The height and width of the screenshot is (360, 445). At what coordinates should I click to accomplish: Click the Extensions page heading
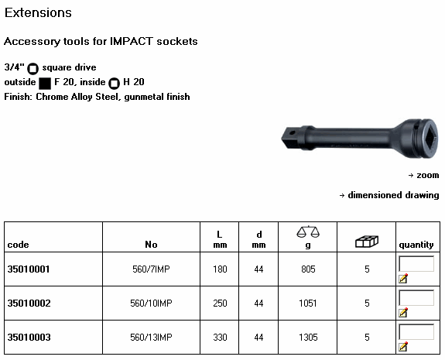pos(38,13)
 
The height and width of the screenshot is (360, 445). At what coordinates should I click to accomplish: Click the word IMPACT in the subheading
pos(132,41)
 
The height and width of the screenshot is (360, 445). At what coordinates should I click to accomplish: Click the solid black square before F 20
pos(45,83)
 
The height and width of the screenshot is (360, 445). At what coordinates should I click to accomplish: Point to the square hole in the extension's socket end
pos(429,139)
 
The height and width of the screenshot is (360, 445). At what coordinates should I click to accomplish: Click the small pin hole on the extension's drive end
pos(292,132)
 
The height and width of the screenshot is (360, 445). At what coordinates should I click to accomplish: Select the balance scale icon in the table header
pos(308,231)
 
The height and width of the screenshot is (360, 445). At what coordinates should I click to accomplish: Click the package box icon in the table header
pos(367,242)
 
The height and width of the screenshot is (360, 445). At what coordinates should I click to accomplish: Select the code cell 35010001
pos(29,269)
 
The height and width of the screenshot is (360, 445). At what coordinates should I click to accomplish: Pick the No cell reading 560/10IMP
pos(151,303)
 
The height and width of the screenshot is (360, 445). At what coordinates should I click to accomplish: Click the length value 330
pos(220,338)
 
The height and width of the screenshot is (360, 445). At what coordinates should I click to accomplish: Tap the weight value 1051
pos(308,303)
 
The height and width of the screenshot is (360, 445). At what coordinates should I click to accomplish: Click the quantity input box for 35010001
pos(416,264)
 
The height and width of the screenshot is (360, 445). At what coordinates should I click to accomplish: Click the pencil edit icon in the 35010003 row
pos(403,346)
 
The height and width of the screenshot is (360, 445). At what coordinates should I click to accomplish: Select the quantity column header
pos(416,245)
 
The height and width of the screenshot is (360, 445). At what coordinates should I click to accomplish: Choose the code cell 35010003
pos(29,338)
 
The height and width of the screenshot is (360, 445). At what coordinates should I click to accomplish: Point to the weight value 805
pos(308,269)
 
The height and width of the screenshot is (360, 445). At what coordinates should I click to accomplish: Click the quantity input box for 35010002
pos(416,298)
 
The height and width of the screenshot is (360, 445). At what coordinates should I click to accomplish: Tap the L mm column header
pos(220,239)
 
